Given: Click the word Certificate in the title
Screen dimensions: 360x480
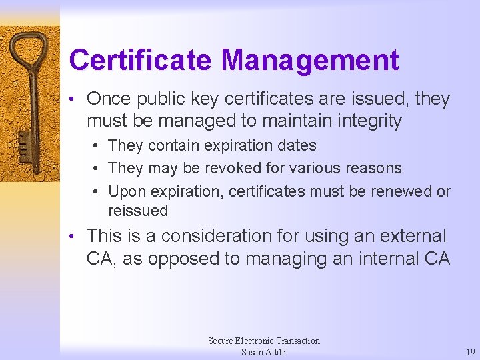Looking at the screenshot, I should (141, 60).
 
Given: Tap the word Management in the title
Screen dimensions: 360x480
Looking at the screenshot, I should (310, 60).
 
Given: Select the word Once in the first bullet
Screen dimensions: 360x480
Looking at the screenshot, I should (109, 99).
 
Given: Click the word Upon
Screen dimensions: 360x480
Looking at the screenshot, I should (127, 191).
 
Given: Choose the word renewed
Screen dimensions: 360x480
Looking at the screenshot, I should (397, 191).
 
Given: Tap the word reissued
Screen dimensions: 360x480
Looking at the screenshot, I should (138, 211).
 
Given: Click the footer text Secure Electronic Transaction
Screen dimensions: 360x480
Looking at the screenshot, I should (263, 341).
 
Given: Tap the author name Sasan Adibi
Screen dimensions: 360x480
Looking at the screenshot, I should (263, 352).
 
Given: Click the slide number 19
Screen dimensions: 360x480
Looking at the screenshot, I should (470, 352).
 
